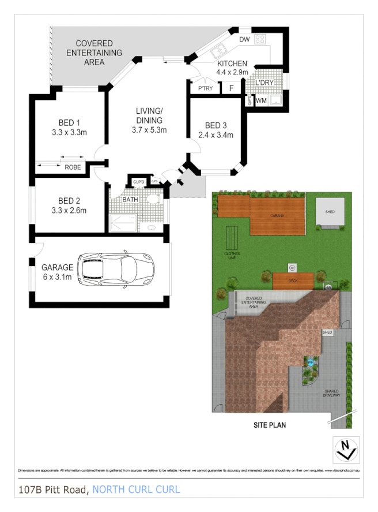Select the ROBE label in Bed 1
pos(73,168)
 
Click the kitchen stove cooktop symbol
pos(260,40)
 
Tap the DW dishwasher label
pos(243,39)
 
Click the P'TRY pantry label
pos(206,89)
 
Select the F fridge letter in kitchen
pos(231,89)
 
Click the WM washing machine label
pos(261,100)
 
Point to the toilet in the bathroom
pos(153,200)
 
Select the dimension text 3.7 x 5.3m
pos(149,130)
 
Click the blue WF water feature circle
pos(310,362)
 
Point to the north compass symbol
pos(345,449)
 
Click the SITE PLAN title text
pos(270,425)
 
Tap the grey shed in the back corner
pos(330,212)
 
